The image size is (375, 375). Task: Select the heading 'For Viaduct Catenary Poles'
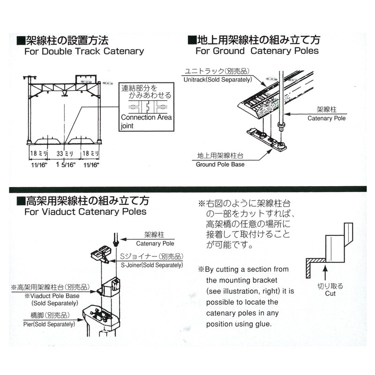(x=85, y=211)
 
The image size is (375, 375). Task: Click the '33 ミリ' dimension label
(x=63, y=154)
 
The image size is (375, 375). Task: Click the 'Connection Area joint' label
(x=144, y=121)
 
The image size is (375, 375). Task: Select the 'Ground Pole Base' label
(x=220, y=165)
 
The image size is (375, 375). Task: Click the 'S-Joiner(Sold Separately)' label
(x=151, y=265)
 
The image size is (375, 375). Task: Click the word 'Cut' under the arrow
(x=330, y=293)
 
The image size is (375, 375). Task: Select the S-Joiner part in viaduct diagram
(x=101, y=255)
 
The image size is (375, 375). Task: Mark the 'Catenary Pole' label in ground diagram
(x=326, y=119)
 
